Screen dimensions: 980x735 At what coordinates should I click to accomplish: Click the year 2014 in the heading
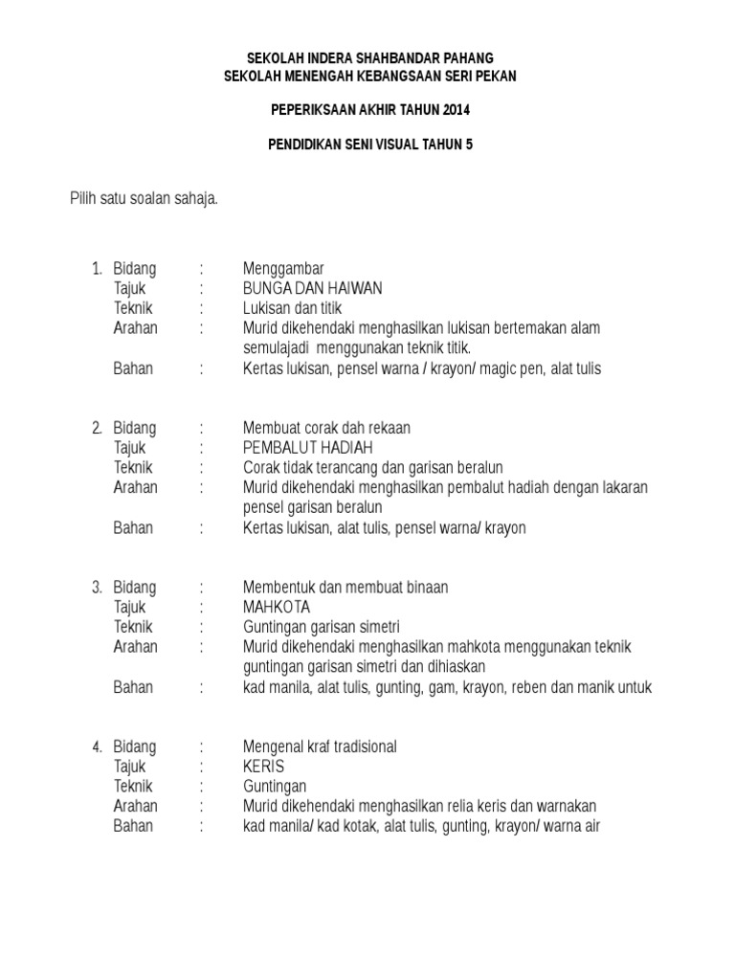coord(455,111)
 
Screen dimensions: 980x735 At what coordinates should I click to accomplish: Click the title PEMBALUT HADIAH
coord(308,448)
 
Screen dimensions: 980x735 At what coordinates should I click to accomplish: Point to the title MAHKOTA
coord(278,608)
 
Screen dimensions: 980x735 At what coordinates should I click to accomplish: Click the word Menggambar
coord(284,269)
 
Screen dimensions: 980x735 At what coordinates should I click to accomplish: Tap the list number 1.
coord(97,269)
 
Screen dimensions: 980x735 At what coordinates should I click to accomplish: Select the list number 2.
coord(97,428)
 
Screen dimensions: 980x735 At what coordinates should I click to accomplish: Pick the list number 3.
coord(97,588)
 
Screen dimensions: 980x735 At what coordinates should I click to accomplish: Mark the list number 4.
coord(97,746)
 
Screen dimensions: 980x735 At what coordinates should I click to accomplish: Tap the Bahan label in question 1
coord(133,368)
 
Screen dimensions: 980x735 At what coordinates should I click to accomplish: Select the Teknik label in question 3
coord(133,627)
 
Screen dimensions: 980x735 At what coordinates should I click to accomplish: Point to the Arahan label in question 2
coord(136,487)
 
